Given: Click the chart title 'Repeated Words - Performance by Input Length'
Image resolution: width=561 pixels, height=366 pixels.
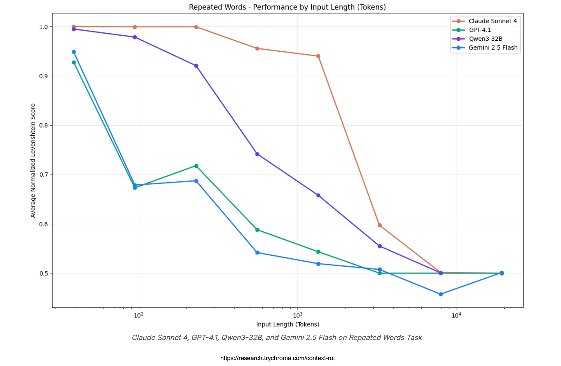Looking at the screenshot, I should click(x=287, y=7).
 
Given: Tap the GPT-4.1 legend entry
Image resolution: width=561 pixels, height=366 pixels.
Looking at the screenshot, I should click(x=480, y=30).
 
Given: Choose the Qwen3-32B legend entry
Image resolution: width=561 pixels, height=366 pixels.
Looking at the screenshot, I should click(x=485, y=39).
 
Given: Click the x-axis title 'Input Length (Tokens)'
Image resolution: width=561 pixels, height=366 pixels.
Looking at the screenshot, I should click(x=288, y=325).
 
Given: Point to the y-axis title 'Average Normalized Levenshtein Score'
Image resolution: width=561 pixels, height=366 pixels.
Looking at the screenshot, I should click(x=33, y=160).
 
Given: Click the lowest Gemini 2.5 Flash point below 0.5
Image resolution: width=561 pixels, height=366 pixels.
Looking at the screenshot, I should click(x=441, y=294).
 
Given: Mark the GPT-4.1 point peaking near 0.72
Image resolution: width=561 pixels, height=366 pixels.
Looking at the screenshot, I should click(x=196, y=166).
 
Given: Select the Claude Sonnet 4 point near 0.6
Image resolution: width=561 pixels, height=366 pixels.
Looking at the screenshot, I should click(x=380, y=225).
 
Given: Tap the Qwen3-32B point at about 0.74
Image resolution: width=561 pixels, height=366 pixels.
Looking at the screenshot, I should click(x=257, y=154).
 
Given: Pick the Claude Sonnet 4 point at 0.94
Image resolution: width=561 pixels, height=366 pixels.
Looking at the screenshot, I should click(x=318, y=56).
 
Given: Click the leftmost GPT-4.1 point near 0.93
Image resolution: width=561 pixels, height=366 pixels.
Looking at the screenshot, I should click(x=74, y=62).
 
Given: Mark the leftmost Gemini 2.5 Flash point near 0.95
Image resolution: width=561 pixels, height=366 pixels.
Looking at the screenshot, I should click(x=74, y=52).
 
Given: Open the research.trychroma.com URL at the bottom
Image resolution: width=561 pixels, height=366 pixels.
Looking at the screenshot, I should click(x=277, y=358).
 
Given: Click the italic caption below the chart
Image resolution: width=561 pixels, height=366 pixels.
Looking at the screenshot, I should click(x=277, y=338).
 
